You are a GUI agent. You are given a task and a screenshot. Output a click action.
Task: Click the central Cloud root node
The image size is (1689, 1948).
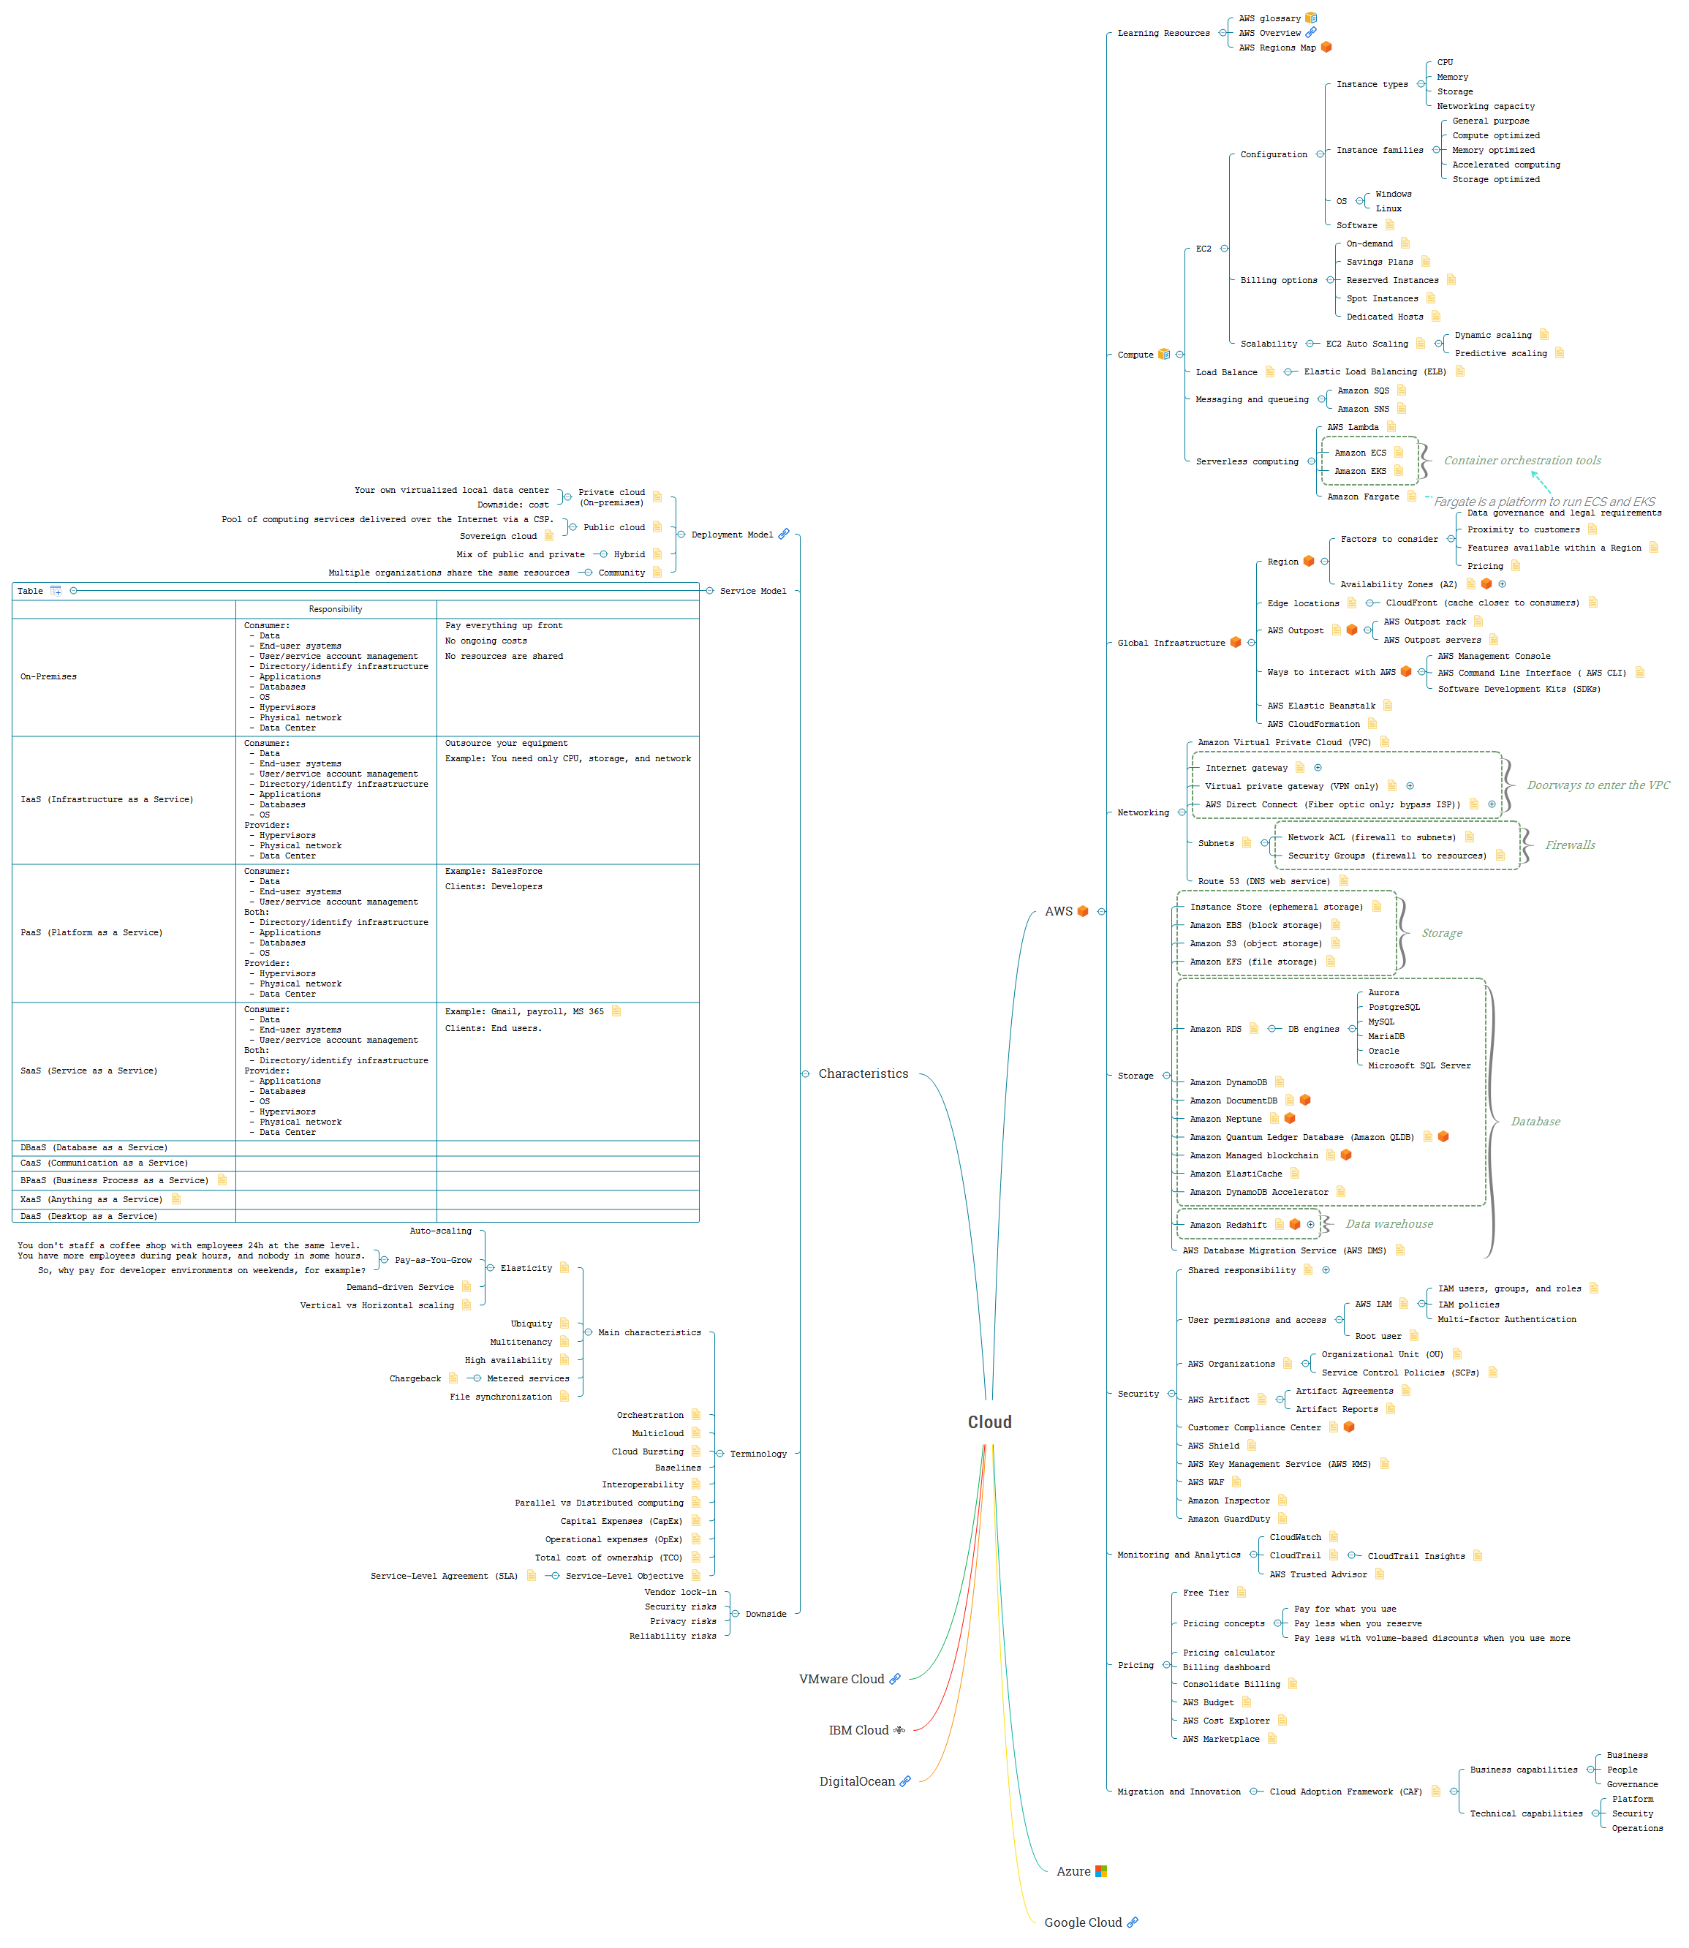pos(989,1422)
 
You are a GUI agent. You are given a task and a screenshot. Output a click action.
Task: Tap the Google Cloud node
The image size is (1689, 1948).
pos(1082,1922)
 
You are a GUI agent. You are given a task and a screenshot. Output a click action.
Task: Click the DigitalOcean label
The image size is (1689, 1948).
pos(855,1781)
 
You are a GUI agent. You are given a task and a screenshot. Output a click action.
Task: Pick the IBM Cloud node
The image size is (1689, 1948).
pos(858,1730)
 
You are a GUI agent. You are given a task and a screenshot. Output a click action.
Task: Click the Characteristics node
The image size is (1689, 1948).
pos(862,1073)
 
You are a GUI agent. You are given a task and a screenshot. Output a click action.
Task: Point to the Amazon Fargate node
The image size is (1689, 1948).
pos(1362,497)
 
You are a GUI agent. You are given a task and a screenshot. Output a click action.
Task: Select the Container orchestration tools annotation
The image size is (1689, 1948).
pos(1522,461)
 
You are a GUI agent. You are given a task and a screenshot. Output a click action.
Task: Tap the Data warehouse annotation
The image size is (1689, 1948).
pos(1388,1224)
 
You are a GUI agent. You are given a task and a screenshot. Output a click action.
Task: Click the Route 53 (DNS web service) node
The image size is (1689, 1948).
pos(1263,881)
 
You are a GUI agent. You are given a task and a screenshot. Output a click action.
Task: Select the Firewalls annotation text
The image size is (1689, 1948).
pos(1569,845)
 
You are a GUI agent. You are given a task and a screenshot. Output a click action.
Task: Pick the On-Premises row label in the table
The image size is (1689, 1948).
pos(49,676)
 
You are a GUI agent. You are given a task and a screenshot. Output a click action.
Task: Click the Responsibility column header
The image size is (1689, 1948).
pos(335,610)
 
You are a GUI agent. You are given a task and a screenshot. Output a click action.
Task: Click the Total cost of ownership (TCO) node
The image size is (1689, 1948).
pos(608,1558)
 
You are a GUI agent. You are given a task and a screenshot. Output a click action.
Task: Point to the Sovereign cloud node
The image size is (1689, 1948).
pos(498,536)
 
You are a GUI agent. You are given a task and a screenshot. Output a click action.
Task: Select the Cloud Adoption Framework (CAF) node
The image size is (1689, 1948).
pos(1345,1792)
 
